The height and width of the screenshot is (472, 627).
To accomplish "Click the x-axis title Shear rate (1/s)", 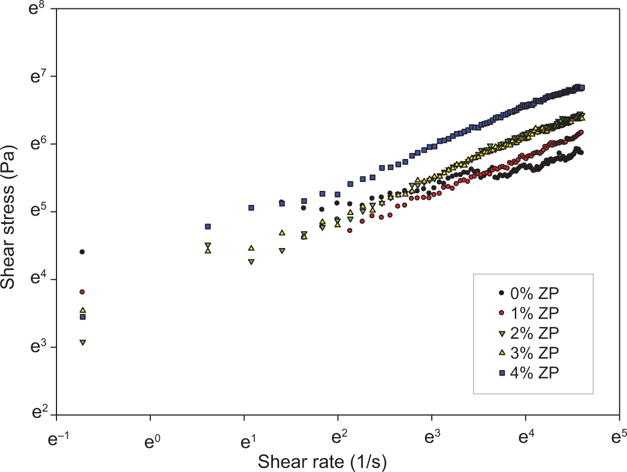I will coord(322,462).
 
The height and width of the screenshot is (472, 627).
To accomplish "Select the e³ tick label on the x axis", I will coord(431,439).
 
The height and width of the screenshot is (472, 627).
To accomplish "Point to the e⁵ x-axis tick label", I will coord(618,439).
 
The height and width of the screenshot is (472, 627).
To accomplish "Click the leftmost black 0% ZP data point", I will coord(82,252).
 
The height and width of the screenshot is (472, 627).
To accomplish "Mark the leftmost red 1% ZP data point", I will coord(82,292).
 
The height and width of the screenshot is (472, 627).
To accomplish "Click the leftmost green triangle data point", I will coord(83,342).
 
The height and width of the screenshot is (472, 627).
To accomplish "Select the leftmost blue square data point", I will coord(83,317).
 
